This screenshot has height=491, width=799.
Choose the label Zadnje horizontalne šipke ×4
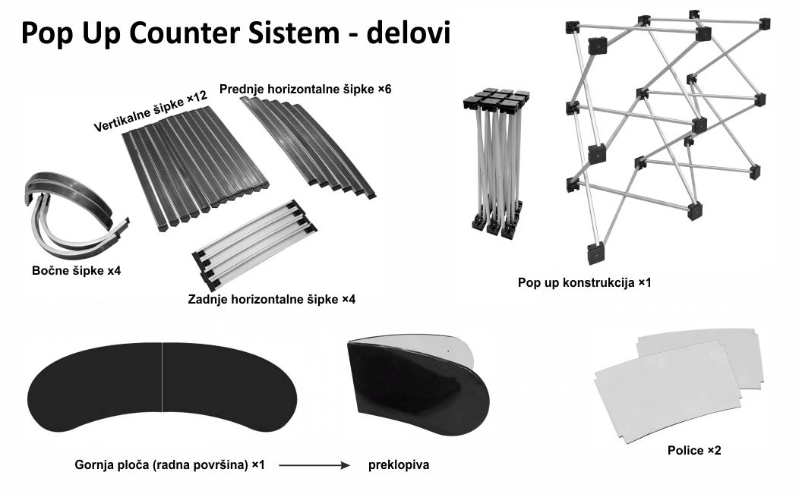click(x=271, y=299)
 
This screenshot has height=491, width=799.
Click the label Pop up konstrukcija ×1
click(x=584, y=282)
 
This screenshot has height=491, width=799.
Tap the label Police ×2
click(x=694, y=450)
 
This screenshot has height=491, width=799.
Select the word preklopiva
click(x=399, y=464)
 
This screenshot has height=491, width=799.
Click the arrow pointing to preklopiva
click(x=312, y=464)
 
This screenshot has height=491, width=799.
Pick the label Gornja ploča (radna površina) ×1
click(x=169, y=464)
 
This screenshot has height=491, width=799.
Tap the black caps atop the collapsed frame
click(x=495, y=99)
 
